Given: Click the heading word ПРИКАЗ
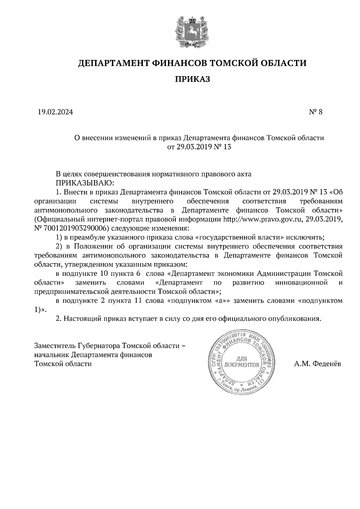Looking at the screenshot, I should (x=192, y=79).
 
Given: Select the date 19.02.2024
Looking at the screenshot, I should (x=55, y=112).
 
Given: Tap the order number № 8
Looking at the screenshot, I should (x=315, y=112).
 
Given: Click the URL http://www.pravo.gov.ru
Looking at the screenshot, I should (x=262, y=219).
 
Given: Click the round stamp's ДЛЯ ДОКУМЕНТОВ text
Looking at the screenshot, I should (x=241, y=362).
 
